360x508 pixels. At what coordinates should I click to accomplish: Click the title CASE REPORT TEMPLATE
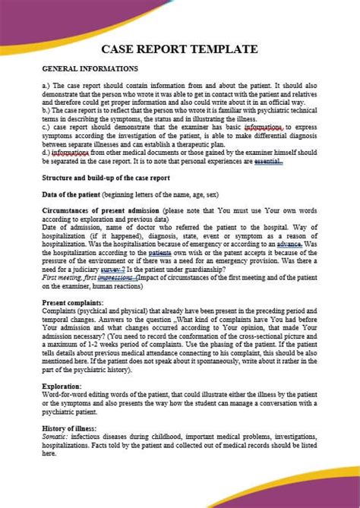[180, 49]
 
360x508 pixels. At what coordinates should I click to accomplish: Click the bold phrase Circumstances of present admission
[100, 209]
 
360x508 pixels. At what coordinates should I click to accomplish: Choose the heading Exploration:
[64, 387]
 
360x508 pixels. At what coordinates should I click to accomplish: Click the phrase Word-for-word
[65, 395]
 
